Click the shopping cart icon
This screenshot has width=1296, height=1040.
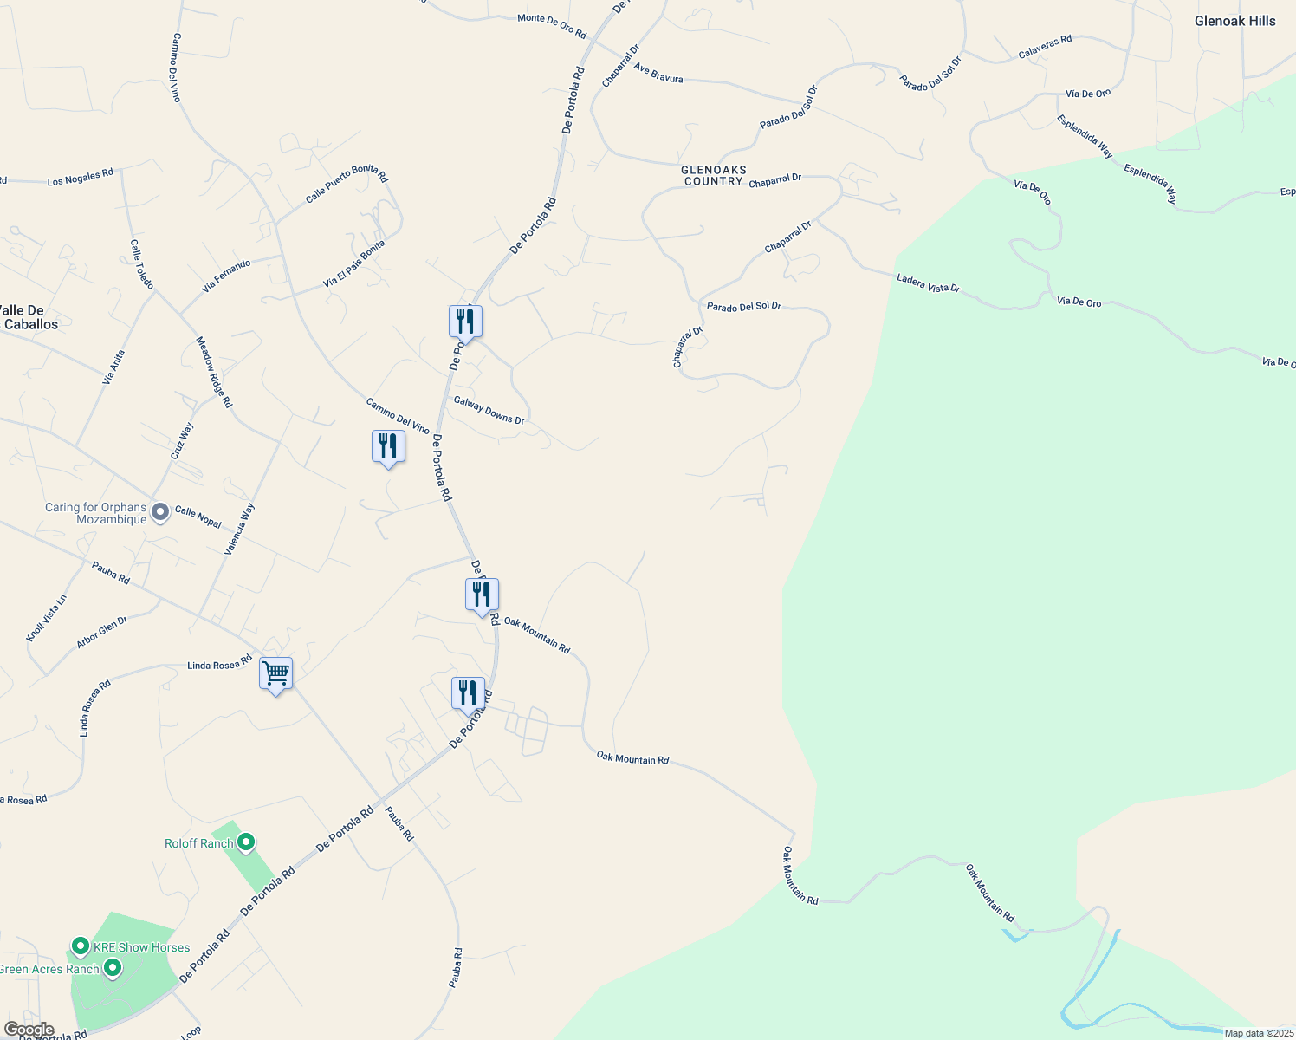(275, 673)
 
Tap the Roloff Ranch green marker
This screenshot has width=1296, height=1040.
(246, 842)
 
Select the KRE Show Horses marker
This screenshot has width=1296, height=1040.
(81, 946)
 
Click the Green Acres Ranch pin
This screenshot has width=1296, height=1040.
(112, 969)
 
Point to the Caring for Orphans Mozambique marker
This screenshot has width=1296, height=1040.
(159, 513)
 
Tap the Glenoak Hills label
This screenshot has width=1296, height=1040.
(1234, 21)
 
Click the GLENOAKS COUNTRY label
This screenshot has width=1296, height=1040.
(714, 176)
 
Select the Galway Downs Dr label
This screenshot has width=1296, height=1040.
(489, 410)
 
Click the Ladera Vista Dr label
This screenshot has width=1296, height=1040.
(928, 283)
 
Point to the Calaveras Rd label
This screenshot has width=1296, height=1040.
(1045, 47)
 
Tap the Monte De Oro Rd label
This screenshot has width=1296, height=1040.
(552, 26)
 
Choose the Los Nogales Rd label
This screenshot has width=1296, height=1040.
(80, 178)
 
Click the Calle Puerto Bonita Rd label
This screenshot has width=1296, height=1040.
(347, 185)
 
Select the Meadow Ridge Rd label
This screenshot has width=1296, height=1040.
(214, 372)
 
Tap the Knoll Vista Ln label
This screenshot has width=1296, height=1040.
(47, 618)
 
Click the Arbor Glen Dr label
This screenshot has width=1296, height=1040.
(101, 633)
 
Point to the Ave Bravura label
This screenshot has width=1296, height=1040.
(658, 73)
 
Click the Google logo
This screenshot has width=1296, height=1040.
(29, 1030)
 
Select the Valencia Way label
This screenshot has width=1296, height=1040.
(240, 529)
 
